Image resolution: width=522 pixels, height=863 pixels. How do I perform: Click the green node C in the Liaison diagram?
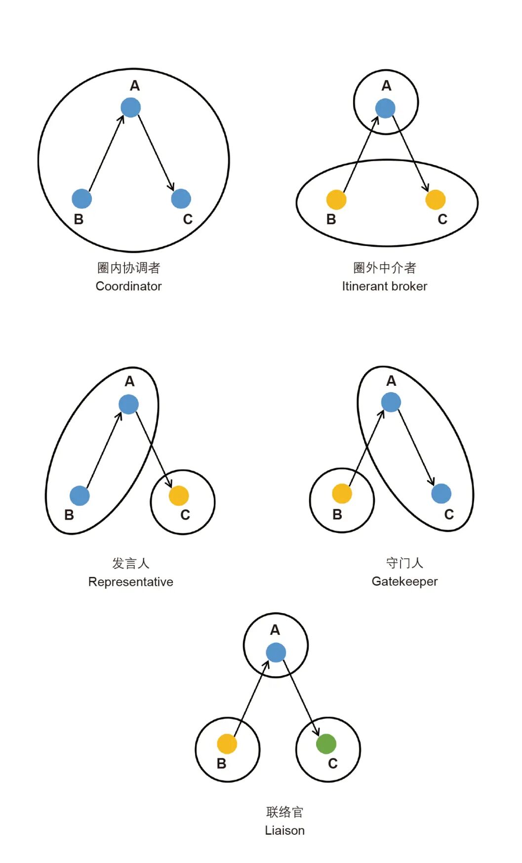click(x=326, y=743)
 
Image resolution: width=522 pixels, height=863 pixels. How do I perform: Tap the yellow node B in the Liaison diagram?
click(x=227, y=744)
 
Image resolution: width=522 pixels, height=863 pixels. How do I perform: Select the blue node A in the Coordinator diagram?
click(x=131, y=107)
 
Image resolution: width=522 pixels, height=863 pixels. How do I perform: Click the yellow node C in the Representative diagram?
click(x=179, y=495)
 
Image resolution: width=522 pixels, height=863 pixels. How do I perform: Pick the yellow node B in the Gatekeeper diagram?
click(x=342, y=493)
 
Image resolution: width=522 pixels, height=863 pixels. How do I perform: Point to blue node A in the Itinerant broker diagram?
click(x=385, y=108)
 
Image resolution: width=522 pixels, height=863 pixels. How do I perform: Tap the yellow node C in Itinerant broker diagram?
click(x=436, y=200)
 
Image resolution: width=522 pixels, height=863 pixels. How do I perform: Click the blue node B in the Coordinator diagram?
click(x=82, y=199)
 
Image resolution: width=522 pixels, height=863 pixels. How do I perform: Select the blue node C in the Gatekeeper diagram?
click(x=441, y=493)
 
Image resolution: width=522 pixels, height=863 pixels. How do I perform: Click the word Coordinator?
click(x=128, y=286)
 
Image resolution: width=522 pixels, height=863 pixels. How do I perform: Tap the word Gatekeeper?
click(x=404, y=581)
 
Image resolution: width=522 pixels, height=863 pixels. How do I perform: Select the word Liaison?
click(x=284, y=830)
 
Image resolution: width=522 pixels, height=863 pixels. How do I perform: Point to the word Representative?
click(x=130, y=582)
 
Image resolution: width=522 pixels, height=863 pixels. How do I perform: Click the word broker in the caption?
click(x=406, y=286)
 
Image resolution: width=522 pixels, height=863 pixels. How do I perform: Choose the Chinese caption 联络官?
click(x=284, y=812)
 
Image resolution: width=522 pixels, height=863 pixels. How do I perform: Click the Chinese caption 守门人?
click(x=404, y=563)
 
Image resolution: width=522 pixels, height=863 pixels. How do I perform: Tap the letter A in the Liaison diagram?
click(x=275, y=630)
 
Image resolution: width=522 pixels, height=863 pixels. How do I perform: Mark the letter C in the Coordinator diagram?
click(x=188, y=219)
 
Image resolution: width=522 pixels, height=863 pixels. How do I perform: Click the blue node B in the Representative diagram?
click(x=80, y=495)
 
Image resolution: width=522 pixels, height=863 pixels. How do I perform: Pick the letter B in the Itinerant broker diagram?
click(x=331, y=219)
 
